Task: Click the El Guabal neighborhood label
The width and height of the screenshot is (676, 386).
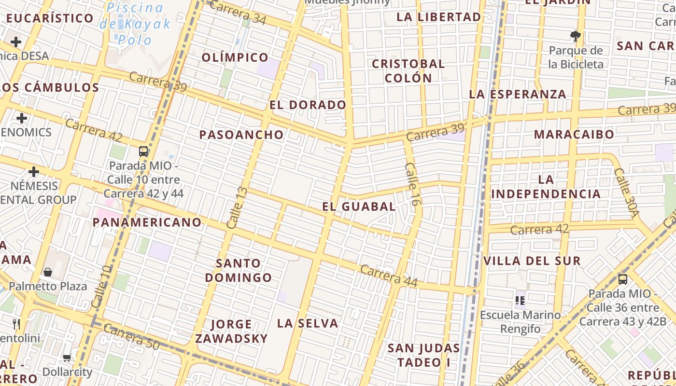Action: point(359,207)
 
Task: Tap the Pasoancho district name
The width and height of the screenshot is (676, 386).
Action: point(241,135)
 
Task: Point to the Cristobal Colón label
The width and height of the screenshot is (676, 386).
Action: point(408,70)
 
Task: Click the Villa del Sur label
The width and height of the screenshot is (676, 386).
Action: point(532,261)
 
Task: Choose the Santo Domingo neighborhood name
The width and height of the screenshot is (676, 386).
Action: point(239,270)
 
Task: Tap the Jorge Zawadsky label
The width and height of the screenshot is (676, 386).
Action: point(231,331)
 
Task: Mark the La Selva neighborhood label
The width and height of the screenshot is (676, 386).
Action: point(308,323)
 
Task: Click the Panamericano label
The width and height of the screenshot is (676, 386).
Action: point(147,222)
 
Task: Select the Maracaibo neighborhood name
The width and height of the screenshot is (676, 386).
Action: point(574,134)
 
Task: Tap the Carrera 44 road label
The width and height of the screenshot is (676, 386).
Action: point(389,276)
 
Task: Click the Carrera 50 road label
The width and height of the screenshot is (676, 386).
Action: point(131,337)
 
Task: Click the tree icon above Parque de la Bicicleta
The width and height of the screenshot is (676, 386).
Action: point(575,35)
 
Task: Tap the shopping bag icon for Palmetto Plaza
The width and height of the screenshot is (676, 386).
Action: point(48,272)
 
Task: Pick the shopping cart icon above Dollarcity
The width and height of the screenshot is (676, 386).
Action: point(67,358)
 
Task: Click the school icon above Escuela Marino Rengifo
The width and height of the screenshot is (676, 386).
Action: point(520,300)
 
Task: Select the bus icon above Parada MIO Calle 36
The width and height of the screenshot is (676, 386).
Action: point(623,279)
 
